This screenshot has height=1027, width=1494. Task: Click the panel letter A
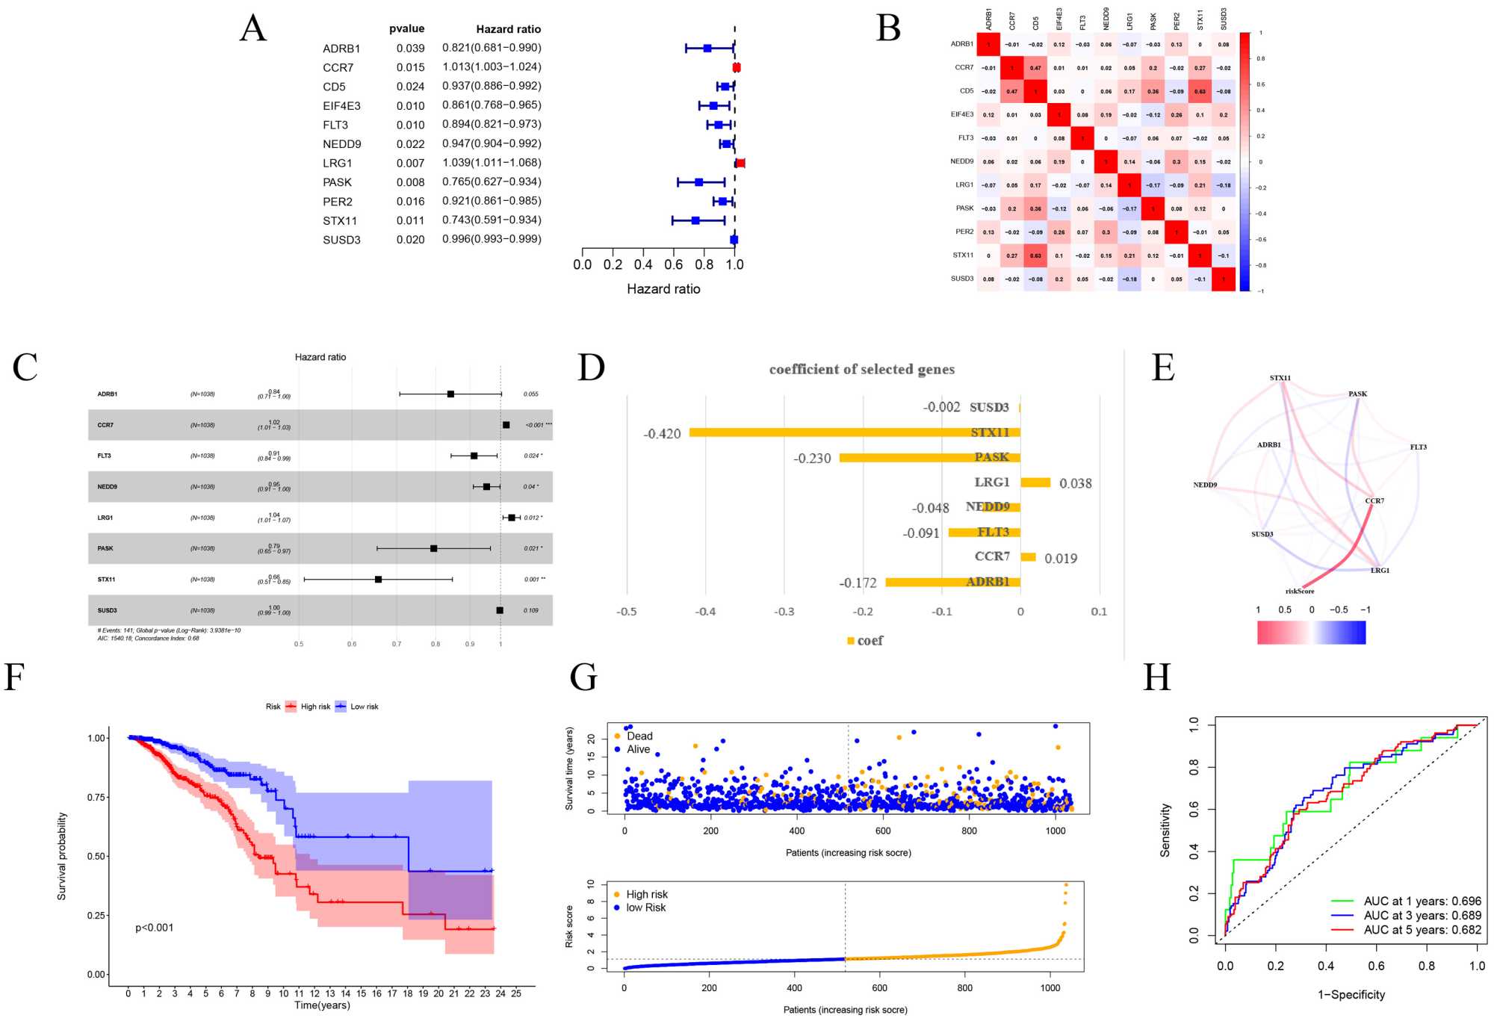(252, 29)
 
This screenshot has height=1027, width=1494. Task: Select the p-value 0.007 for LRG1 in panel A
(410, 163)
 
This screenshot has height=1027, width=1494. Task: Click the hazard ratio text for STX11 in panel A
(492, 220)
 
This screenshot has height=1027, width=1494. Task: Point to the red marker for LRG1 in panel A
(740, 163)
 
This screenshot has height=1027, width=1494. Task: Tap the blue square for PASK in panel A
(699, 182)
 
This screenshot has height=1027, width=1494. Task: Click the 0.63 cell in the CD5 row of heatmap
(1200, 91)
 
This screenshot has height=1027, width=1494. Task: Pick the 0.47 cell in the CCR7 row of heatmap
(1035, 68)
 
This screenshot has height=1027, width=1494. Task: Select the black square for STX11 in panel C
(378, 579)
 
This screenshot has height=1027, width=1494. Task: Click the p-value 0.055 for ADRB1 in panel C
(530, 394)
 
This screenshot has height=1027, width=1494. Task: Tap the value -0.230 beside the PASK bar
(812, 459)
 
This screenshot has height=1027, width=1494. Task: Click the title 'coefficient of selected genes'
(861, 369)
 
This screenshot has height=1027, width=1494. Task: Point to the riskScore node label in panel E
(1300, 591)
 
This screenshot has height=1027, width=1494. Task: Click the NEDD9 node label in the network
(1205, 485)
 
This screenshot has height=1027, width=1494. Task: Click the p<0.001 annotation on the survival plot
(154, 928)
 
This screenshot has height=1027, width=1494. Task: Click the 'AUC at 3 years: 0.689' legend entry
(1422, 915)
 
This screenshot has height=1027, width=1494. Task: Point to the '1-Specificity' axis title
(1351, 994)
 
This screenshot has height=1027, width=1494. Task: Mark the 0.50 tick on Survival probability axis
(96, 856)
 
